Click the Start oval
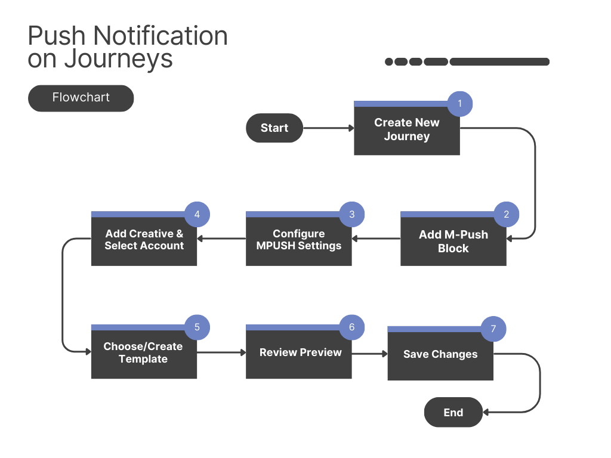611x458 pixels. coord(274,128)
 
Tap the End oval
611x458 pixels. coord(453,412)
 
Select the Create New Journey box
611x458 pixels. coord(407,128)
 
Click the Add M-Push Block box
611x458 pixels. coord(453,239)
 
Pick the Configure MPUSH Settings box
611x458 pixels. coord(299,239)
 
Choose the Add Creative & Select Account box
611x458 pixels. coord(144,239)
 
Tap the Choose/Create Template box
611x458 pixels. coord(144,352)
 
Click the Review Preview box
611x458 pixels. coord(299,352)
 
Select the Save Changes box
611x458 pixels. coord(440,354)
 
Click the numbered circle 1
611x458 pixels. coord(460,104)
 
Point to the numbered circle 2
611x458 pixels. coord(506,214)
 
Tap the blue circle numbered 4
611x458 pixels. coord(197,214)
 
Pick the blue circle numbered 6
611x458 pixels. coord(352,327)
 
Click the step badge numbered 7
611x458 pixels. coord(493,329)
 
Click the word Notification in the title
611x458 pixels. coord(161,36)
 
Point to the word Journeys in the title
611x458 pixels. coord(119,59)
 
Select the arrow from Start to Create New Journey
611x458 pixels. coord(329,128)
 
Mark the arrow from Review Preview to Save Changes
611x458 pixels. coord(370,354)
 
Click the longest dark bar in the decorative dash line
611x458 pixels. coord(499,61)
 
